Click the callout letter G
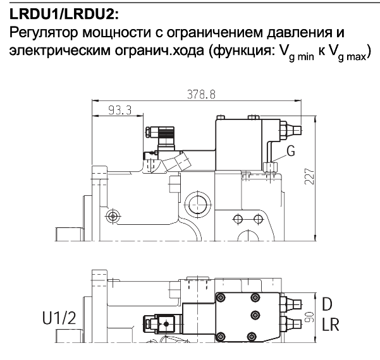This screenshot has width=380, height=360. [x=291, y=151]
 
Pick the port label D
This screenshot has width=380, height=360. [x=327, y=303]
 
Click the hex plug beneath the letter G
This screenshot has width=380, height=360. [x=269, y=167]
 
